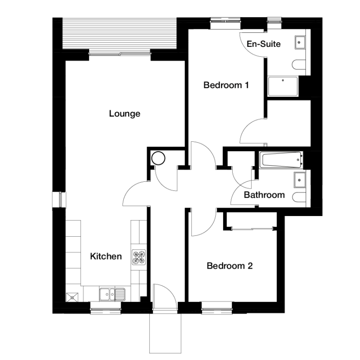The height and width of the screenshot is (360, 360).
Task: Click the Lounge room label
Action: pyautogui.click(x=125, y=114)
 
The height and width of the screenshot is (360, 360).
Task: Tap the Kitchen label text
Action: pyautogui.click(x=106, y=256)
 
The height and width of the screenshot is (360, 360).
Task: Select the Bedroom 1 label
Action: pyautogui.click(x=226, y=85)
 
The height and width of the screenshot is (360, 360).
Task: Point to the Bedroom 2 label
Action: pyautogui.click(x=229, y=266)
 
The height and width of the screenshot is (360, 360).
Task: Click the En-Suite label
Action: pyautogui.click(x=264, y=44)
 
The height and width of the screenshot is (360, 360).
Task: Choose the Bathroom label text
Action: pyautogui.click(x=264, y=195)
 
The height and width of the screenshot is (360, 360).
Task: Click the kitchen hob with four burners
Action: pyautogui.click(x=139, y=256)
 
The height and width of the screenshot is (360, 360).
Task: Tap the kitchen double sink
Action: pyautogui.click(x=112, y=294)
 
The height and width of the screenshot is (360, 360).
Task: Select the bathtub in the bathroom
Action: pyautogui.click(x=281, y=160)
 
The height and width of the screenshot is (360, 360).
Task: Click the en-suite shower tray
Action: pyautogui.click(x=283, y=86)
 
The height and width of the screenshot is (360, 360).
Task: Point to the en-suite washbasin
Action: pyautogui.click(x=300, y=42)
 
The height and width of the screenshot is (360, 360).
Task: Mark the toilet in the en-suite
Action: pyautogui.click(x=299, y=64)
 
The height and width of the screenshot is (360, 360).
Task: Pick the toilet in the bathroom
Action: pyautogui.click(x=299, y=197)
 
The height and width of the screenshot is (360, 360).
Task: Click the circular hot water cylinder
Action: pyautogui.click(x=158, y=158)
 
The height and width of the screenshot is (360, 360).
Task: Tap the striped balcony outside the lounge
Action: pyautogui.click(x=119, y=33)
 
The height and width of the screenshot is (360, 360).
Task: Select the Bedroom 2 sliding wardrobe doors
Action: pyautogui.click(x=252, y=229)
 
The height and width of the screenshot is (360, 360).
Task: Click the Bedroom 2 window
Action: pyautogui.click(x=217, y=307)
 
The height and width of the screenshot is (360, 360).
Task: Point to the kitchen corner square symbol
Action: pyautogui.click(x=72, y=297)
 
